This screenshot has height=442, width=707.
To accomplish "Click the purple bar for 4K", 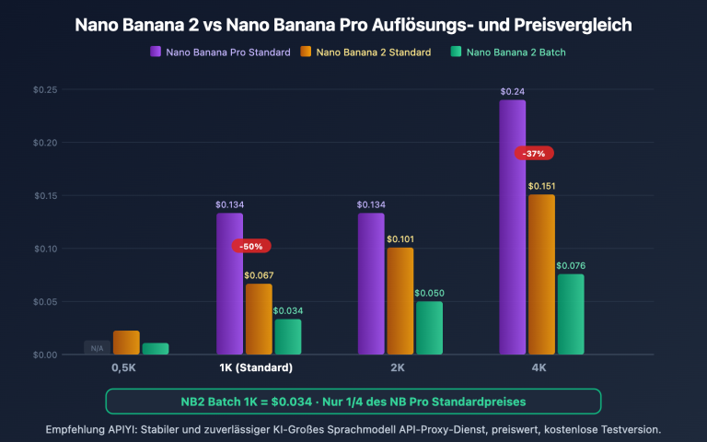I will (x=513, y=227).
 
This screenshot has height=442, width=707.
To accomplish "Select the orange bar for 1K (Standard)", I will (x=259, y=319).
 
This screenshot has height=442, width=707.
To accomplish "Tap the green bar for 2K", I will (x=428, y=328).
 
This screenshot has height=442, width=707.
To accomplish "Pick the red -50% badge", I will (x=251, y=247).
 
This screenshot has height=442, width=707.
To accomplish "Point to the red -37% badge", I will (x=534, y=153).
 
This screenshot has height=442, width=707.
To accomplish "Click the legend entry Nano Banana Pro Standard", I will (x=220, y=52).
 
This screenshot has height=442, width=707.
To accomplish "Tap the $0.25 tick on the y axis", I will (x=45, y=89).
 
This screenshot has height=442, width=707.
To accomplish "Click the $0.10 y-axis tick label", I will (x=45, y=249).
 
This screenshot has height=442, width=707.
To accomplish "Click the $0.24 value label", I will (x=513, y=92).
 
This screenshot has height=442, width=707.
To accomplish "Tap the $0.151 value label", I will (x=541, y=186).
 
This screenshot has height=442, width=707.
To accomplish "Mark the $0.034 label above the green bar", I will (x=287, y=311).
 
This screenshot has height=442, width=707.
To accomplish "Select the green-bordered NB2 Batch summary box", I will (x=353, y=401).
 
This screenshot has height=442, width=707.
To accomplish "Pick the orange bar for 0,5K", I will (x=126, y=343).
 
